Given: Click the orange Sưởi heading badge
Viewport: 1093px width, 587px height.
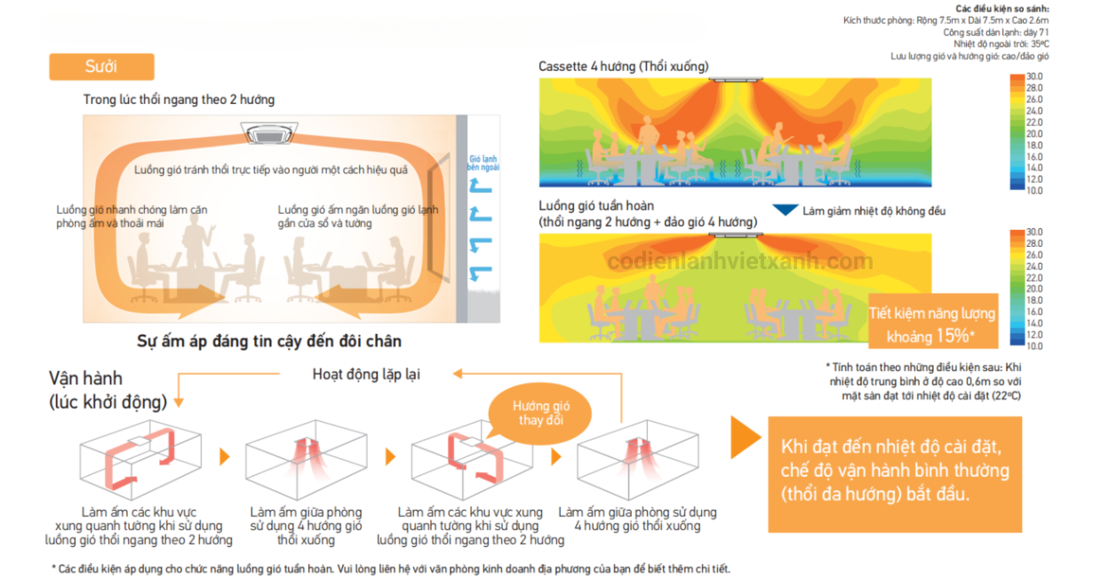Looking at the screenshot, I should point(101,67).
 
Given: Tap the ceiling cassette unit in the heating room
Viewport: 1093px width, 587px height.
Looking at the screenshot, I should point(275,132).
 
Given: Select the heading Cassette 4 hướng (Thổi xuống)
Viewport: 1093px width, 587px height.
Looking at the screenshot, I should point(624,67).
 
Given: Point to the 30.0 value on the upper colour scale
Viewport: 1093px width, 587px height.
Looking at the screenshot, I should point(1033,77).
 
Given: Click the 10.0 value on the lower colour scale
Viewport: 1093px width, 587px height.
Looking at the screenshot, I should point(1033,346).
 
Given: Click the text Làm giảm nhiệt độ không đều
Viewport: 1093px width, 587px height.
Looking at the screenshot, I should point(874,211).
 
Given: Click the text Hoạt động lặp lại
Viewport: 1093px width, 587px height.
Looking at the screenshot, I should point(366,374).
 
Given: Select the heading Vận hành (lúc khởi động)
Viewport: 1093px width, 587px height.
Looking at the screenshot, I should point(108,390).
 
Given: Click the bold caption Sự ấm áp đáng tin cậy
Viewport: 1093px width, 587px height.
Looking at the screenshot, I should point(269,341).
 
